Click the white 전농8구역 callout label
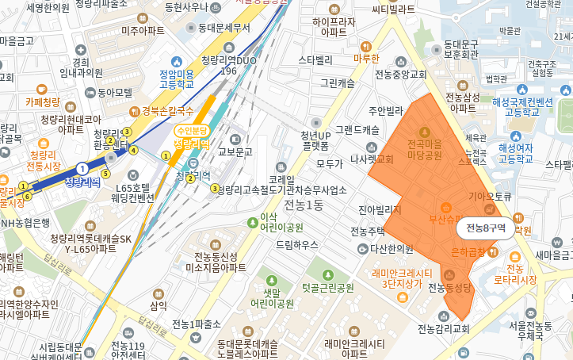[486, 228]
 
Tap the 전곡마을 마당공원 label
[424, 151]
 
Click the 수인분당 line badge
[192, 130]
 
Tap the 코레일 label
[281, 180]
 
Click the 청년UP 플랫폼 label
[315, 140]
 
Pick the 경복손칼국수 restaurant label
[168, 111]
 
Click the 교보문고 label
[235, 151]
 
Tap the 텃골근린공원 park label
[327, 288]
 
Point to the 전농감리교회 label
[444, 329]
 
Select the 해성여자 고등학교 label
[515, 153]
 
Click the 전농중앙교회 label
[400, 75]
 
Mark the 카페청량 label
[42, 101]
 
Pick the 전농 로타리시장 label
[521, 274]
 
